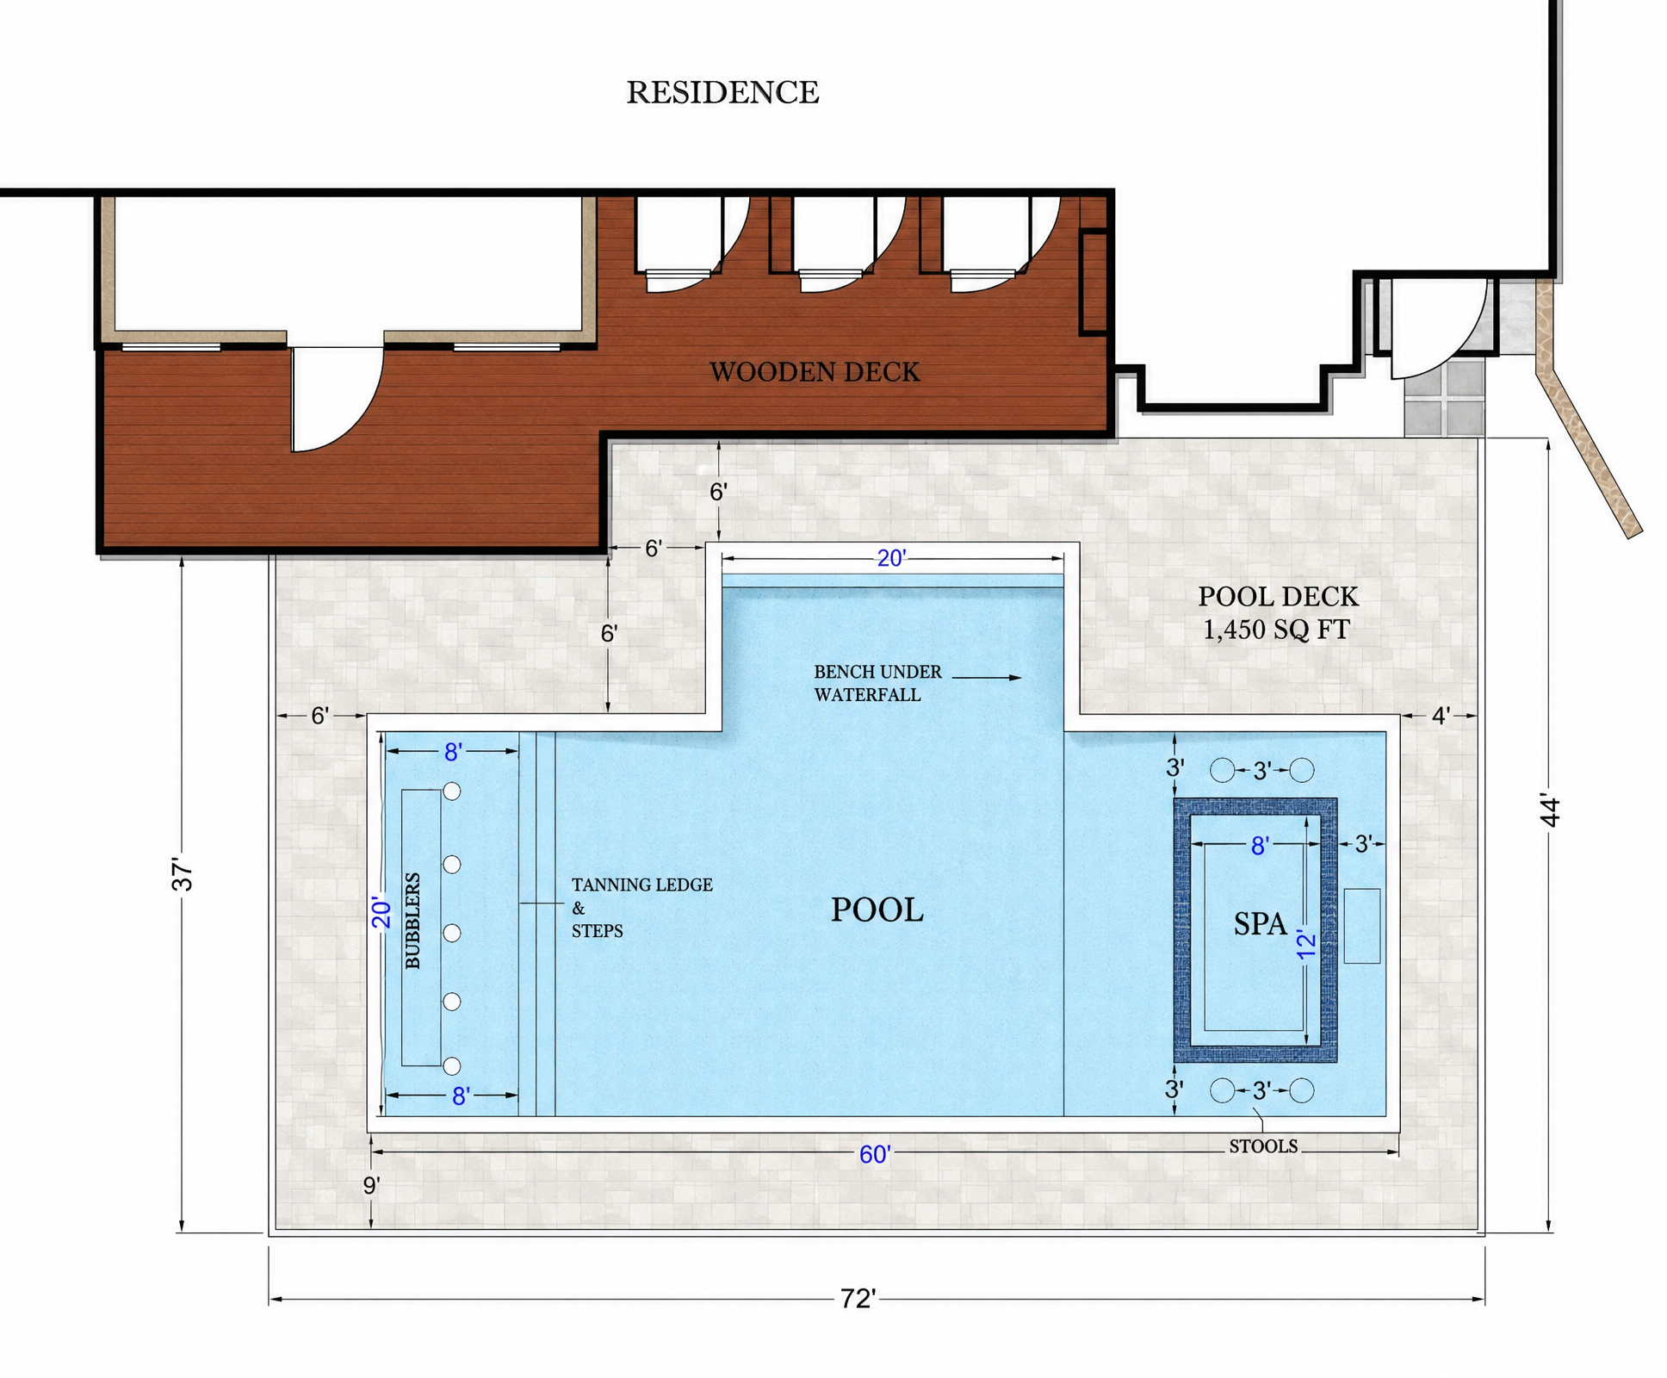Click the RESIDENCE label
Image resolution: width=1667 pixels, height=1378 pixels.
pos(722,92)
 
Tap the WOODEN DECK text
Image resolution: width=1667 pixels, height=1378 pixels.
pos(815,372)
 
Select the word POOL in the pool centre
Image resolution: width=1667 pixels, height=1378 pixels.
pos(877,909)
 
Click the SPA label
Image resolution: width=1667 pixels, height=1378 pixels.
pos(1260,923)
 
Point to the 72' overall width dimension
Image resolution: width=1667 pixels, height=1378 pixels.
pos(858,1299)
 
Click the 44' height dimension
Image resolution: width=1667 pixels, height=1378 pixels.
pos(1549,810)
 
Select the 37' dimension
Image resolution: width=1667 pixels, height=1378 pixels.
pos(182,873)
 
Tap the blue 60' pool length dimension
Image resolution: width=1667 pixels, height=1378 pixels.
pos(875,1154)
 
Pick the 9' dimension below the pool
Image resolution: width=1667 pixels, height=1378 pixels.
pos(371,1186)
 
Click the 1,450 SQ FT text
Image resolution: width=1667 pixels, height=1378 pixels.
pos(1275,630)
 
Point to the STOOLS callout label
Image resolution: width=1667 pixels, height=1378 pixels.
pos(1263,1146)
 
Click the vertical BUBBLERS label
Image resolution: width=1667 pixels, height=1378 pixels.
pos(412,921)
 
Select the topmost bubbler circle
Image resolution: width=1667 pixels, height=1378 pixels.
pos(451,791)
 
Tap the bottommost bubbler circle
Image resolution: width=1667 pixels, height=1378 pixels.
pos(451,1066)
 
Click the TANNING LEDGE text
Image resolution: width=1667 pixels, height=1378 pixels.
pos(642,885)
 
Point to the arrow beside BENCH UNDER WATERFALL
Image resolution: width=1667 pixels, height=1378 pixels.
pos(987,678)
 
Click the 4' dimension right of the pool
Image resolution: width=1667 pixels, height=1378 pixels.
pos(1441,716)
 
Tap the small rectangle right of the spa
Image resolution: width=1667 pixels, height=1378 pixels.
pos(1362,926)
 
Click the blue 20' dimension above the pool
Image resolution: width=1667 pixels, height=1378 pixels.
pos(891,559)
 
